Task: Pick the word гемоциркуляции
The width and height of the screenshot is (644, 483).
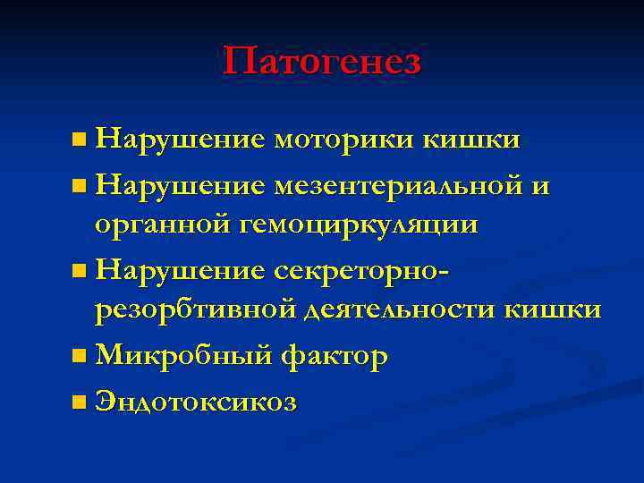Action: point(357,225)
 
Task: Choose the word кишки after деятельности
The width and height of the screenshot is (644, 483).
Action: point(555,310)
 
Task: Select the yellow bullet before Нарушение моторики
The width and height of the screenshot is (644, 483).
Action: point(80,141)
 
